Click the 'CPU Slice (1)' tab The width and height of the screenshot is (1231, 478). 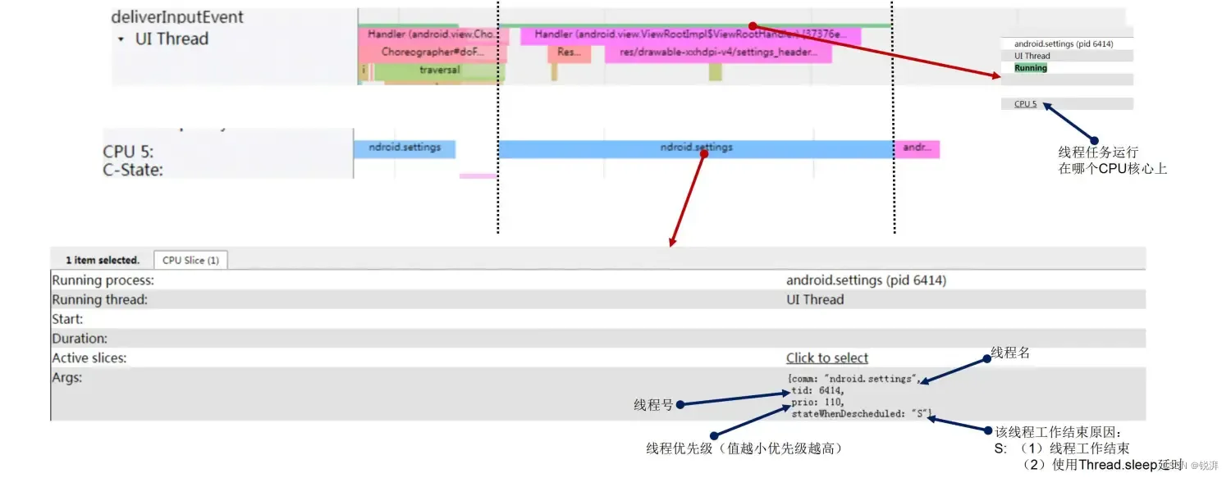(x=190, y=260)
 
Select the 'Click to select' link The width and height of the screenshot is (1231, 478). (x=826, y=357)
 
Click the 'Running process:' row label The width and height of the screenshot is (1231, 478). (x=103, y=280)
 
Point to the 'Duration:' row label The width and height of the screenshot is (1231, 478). (x=80, y=338)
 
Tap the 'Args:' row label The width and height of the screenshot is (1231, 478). (x=67, y=377)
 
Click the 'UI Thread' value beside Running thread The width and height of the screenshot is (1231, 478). (x=814, y=299)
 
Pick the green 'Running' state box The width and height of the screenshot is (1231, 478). (x=1031, y=68)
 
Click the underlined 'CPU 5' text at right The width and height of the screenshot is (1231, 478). (x=1025, y=104)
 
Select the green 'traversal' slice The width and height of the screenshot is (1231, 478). (x=439, y=71)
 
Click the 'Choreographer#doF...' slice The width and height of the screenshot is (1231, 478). (x=432, y=52)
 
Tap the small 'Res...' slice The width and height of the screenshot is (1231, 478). (x=569, y=52)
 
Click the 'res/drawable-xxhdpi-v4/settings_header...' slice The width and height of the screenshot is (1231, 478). (x=718, y=52)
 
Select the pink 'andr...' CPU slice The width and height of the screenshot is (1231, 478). (x=916, y=148)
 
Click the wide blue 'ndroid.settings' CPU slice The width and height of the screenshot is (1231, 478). (x=696, y=148)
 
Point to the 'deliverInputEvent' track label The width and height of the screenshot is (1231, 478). (x=177, y=17)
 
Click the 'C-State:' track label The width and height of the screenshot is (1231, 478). (x=133, y=170)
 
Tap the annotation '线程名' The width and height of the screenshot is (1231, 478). (x=1010, y=353)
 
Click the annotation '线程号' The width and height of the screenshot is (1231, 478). (x=653, y=404)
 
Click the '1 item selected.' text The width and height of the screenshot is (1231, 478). (x=103, y=260)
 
